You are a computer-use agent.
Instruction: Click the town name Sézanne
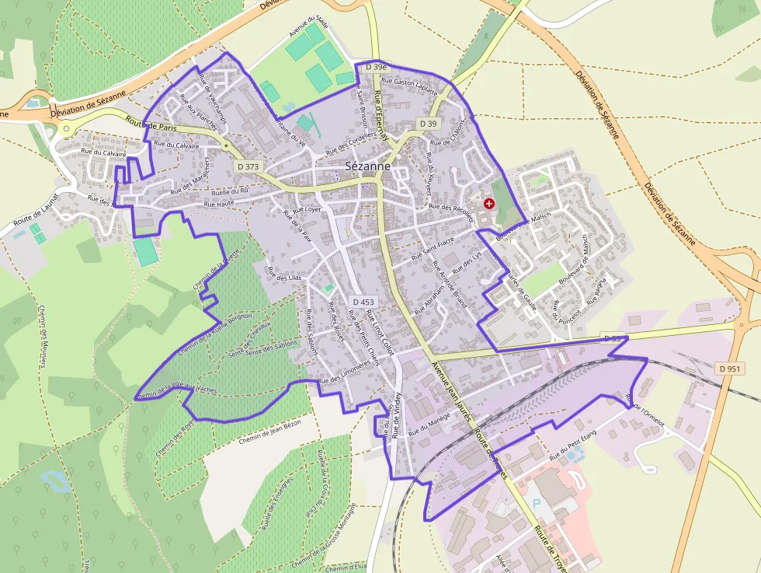pos(367,166)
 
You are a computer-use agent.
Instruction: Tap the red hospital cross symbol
pos(488,203)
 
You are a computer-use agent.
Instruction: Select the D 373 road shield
pos(249,166)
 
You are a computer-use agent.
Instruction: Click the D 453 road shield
pos(363,302)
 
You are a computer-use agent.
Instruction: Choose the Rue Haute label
pos(219,204)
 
